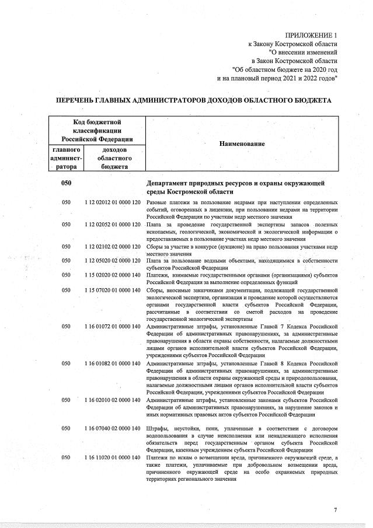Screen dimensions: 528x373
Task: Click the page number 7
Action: pyautogui.click(x=335, y=510)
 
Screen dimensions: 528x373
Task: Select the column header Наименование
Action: pyautogui.click(x=242, y=144)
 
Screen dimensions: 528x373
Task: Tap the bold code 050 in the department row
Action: pyautogui.click(x=67, y=183)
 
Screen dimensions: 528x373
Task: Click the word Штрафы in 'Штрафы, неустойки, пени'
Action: pyautogui.click(x=159, y=429)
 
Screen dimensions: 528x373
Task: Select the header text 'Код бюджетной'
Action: pyautogui.click(x=97, y=122)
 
